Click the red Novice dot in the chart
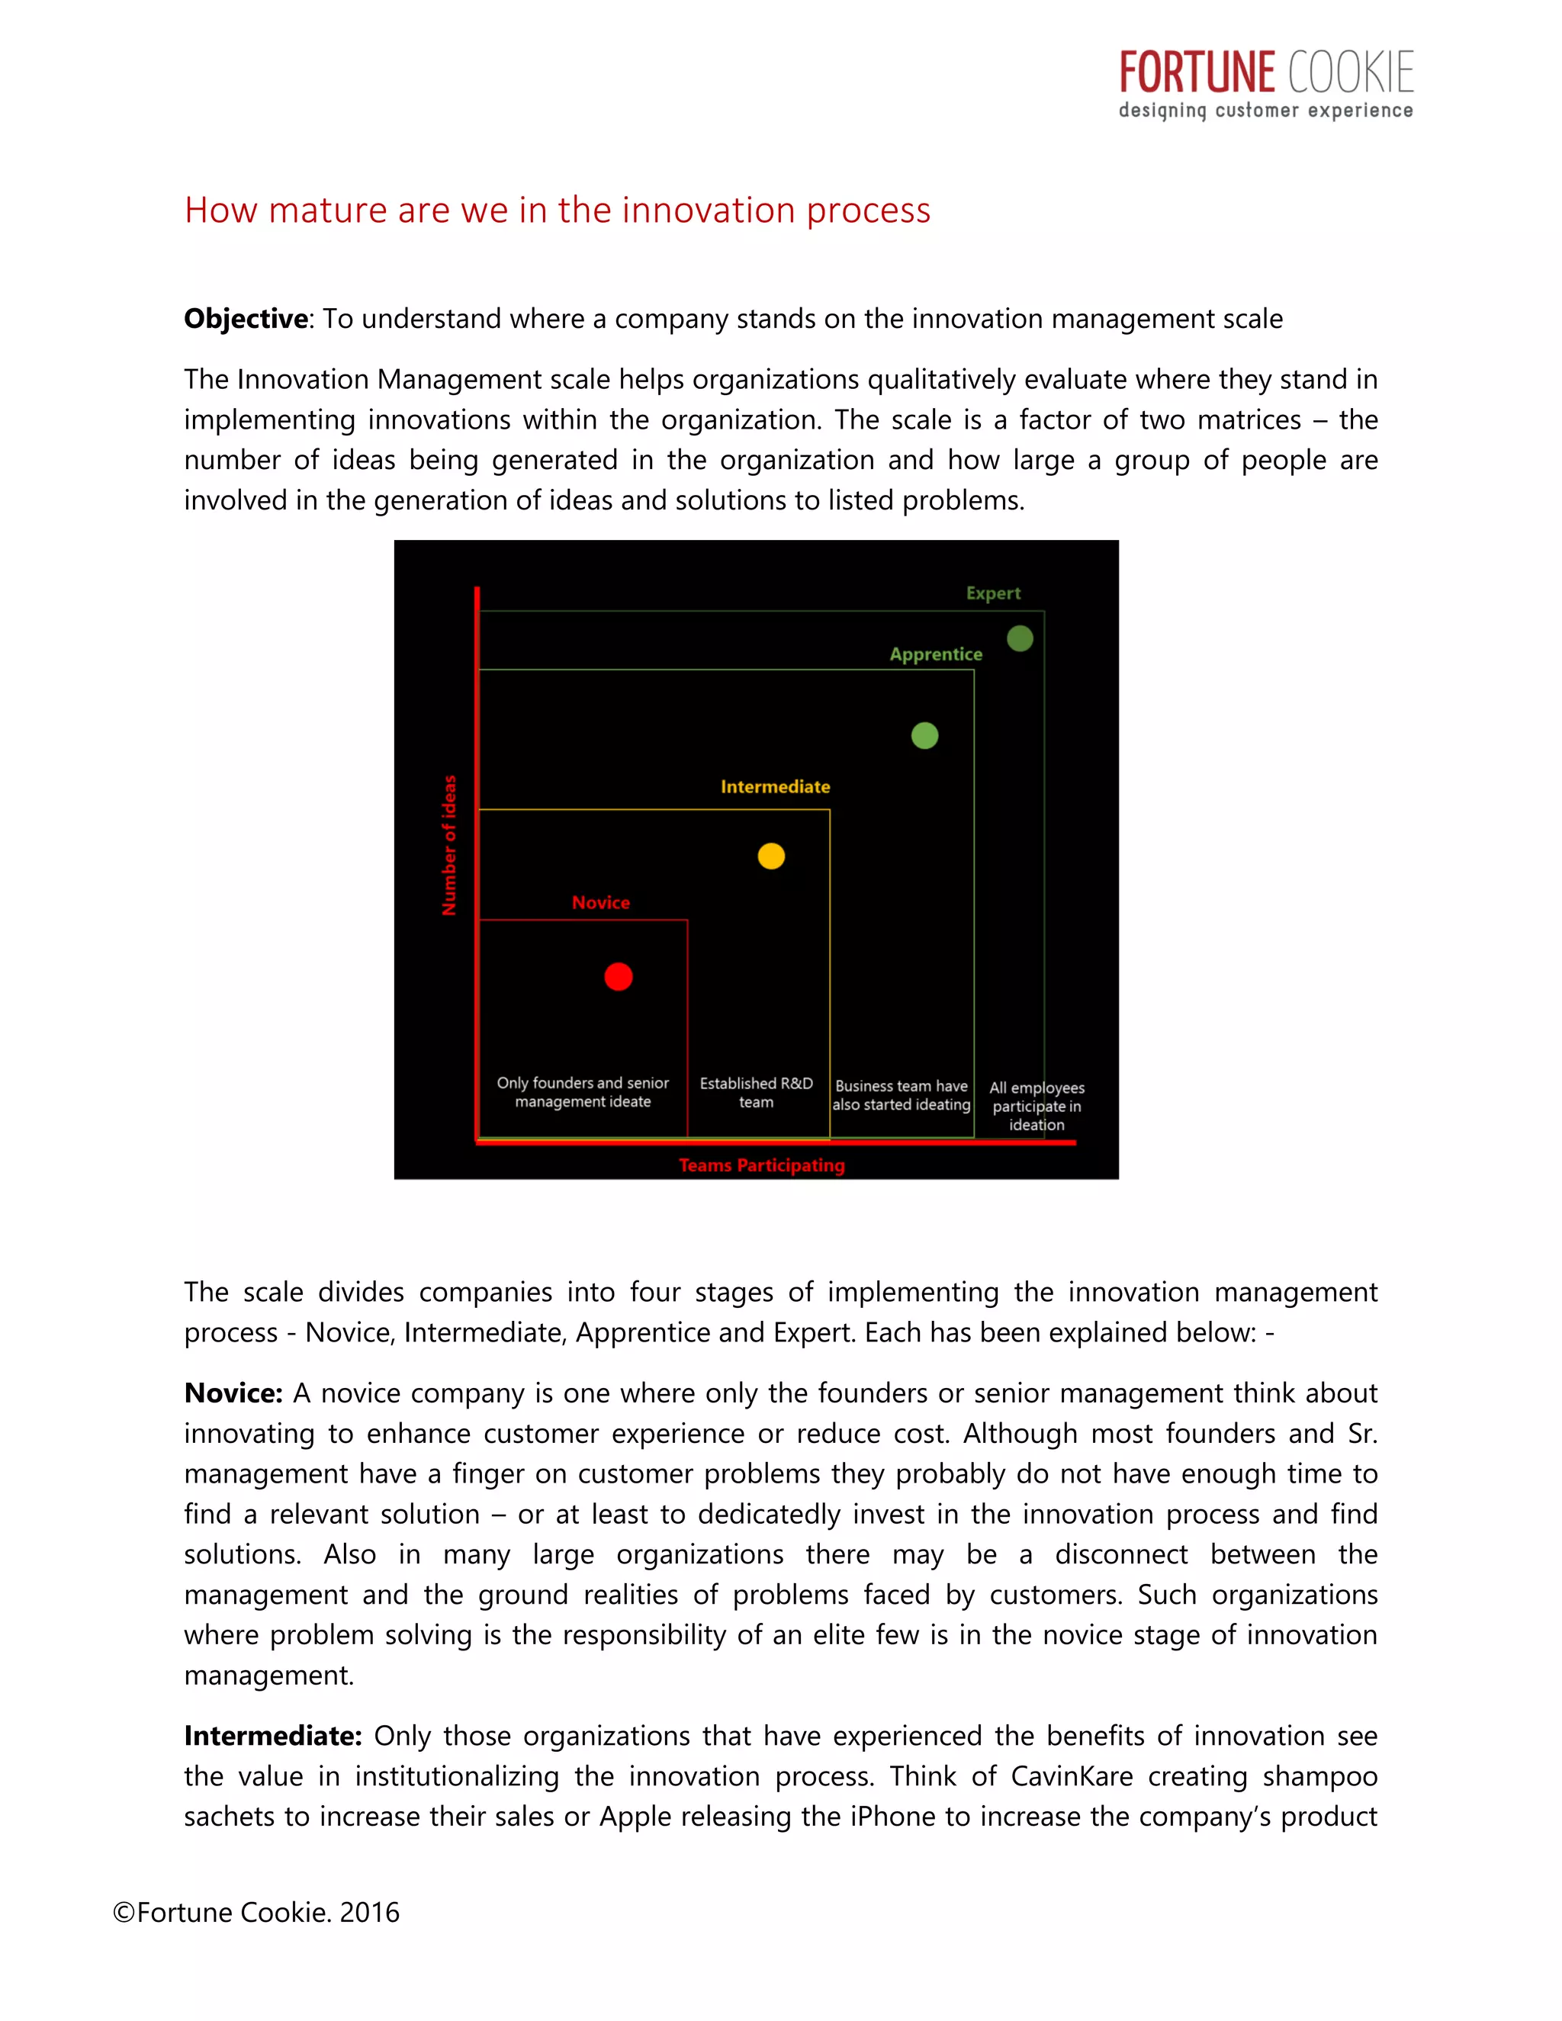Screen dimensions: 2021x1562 (618, 976)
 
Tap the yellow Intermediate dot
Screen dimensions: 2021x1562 (771, 856)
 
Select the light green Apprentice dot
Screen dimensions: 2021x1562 (924, 736)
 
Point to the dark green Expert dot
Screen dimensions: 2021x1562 (1020, 638)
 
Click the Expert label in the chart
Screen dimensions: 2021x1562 (993, 593)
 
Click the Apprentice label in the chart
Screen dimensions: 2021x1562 (936, 654)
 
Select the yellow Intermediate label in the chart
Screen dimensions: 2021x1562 (776, 786)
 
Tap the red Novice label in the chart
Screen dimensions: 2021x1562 (600, 902)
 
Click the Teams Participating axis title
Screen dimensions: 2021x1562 (762, 1165)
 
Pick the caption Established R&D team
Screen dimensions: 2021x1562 (756, 1092)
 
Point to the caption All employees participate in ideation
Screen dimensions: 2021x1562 (1037, 1106)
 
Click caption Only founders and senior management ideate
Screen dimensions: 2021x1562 (583, 1092)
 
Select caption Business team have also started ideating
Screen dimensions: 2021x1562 (902, 1094)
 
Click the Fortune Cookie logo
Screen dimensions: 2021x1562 (1265, 84)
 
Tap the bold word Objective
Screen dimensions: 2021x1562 (246, 318)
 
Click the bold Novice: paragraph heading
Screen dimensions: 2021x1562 (233, 1393)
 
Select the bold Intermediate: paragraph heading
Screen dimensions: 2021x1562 (273, 1735)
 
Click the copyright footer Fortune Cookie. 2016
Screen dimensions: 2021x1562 (256, 1912)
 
